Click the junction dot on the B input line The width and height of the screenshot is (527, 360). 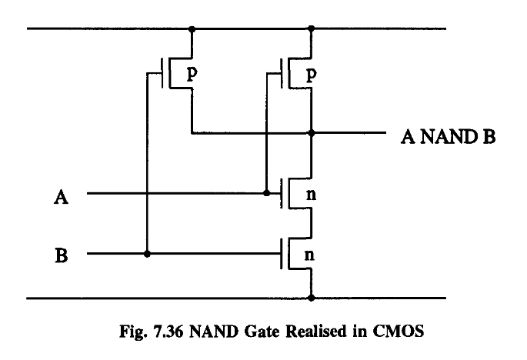pos(146,253)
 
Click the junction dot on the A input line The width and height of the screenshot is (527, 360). pos(265,193)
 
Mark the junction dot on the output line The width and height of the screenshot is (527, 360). pos(312,132)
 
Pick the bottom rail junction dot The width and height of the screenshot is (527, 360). pos(312,297)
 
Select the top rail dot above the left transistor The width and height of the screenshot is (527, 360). pos(192,30)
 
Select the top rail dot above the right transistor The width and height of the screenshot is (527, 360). pos(312,30)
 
